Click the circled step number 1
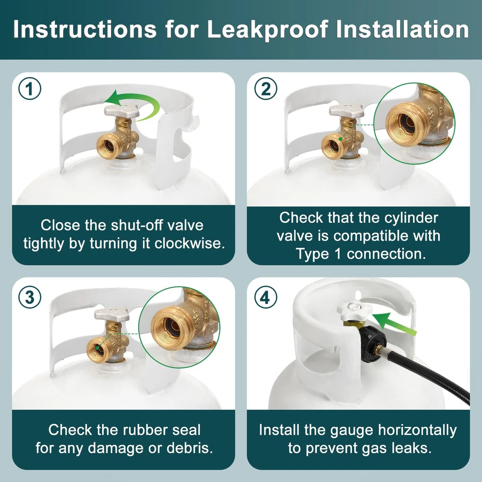click(x=29, y=89)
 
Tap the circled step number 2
click(x=266, y=89)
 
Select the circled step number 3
click(x=29, y=297)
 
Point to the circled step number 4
click(x=266, y=297)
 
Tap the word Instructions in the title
click(x=84, y=29)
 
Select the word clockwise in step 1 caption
click(x=189, y=243)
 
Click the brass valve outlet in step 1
click(x=110, y=147)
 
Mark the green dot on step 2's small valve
click(x=341, y=139)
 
